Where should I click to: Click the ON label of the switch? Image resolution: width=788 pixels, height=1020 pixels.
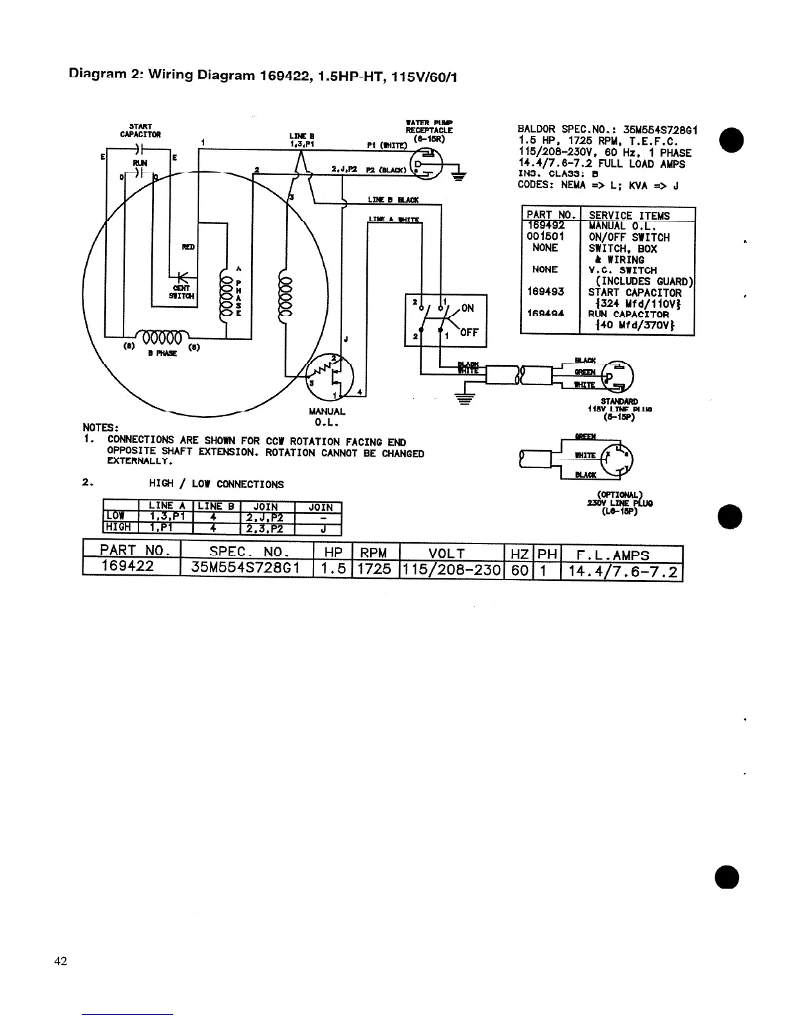point(467,308)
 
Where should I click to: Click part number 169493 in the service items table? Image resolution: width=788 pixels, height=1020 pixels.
point(545,291)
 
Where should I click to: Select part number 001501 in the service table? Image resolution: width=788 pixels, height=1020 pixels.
point(545,236)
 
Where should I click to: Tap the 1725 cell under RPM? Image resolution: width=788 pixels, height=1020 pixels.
point(374,569)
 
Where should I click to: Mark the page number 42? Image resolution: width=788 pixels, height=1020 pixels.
point(61,961)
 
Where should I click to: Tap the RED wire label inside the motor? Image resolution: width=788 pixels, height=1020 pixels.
point(188,247)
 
